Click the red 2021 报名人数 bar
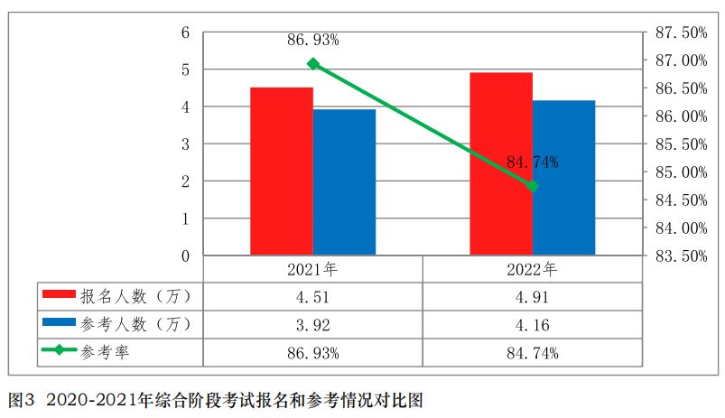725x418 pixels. [282, 172]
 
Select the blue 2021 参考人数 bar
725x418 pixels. [344, 182]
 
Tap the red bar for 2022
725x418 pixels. [501, 163]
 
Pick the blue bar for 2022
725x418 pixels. [563, 178]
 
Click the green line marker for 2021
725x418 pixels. [313, 64]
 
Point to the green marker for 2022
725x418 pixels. [533, 186]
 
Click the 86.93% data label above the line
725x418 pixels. [312, 40]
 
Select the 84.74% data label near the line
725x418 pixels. [532, 163]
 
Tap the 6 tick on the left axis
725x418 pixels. [185, 33]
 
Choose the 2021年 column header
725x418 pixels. [312, 269]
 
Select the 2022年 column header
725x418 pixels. [532, 269]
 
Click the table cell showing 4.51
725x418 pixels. [312, 296]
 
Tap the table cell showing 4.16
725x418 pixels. [532, 324]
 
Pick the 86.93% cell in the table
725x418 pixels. [312, 352]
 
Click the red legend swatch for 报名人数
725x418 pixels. [60, 295]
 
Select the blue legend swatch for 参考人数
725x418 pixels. [60, 323]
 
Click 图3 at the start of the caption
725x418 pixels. [20, 398]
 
